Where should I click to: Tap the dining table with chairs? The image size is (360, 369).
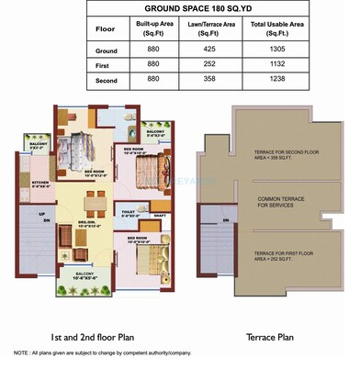90,201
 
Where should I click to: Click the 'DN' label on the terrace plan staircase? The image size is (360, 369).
226,220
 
